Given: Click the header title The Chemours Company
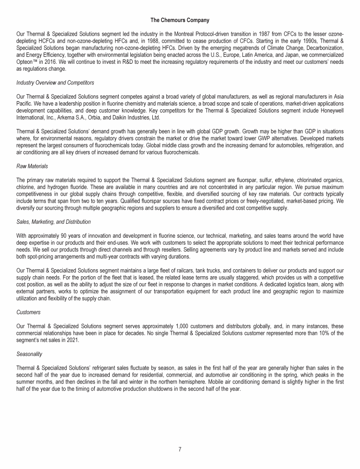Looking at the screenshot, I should [x=180, y=20].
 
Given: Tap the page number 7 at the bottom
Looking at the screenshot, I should [x=180, y=449].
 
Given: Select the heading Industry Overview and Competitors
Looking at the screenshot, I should [x=55, y=83].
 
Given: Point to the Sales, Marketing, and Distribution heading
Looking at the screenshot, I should [x=53, y=221].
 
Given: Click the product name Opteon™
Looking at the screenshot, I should [x=27, y=61].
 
